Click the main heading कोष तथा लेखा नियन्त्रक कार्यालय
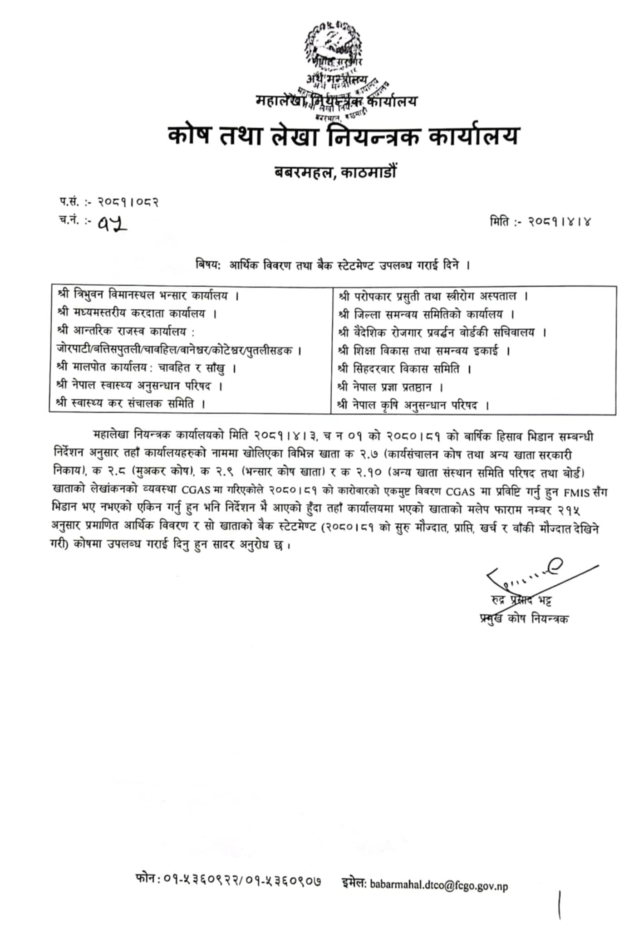(343, 136)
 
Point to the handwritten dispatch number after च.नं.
(112, 222)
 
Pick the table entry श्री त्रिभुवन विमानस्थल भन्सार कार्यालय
(148, 296)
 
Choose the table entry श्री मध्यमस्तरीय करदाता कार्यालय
(137, 314)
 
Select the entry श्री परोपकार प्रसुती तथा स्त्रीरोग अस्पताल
(433, 297)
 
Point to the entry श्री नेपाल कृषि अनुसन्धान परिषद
(413, 406)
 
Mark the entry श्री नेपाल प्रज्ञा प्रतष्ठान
(390, 387)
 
